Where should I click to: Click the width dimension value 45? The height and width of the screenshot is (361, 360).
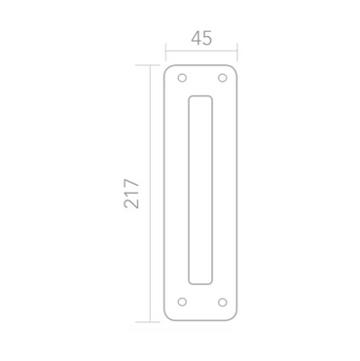pyautogui.click(x=201, y=38)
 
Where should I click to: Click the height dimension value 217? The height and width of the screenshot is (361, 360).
pyautogui.click(x=131, y=194)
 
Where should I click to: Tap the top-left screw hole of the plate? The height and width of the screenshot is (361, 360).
pyautogui.click(x=182, y=78)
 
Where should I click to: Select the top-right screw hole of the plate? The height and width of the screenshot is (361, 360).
pyautogui.click(x=222, y=78)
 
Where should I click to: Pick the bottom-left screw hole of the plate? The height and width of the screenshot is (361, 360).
pyautogui.click(x=182, y=302)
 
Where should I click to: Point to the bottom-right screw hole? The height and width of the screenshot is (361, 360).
pyautogui.click(x=222, y=303)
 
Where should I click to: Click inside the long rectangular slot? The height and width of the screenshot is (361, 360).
pyautogui.click(x=200, y=190)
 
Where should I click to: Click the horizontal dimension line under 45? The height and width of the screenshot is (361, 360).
pyautogui.click(x=201, y=51)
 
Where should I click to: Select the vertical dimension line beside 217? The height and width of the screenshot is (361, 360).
pyautogui.click(x=150, y=194)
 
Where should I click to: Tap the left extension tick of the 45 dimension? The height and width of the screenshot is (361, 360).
pyautogui.click(x=165, y=52)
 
